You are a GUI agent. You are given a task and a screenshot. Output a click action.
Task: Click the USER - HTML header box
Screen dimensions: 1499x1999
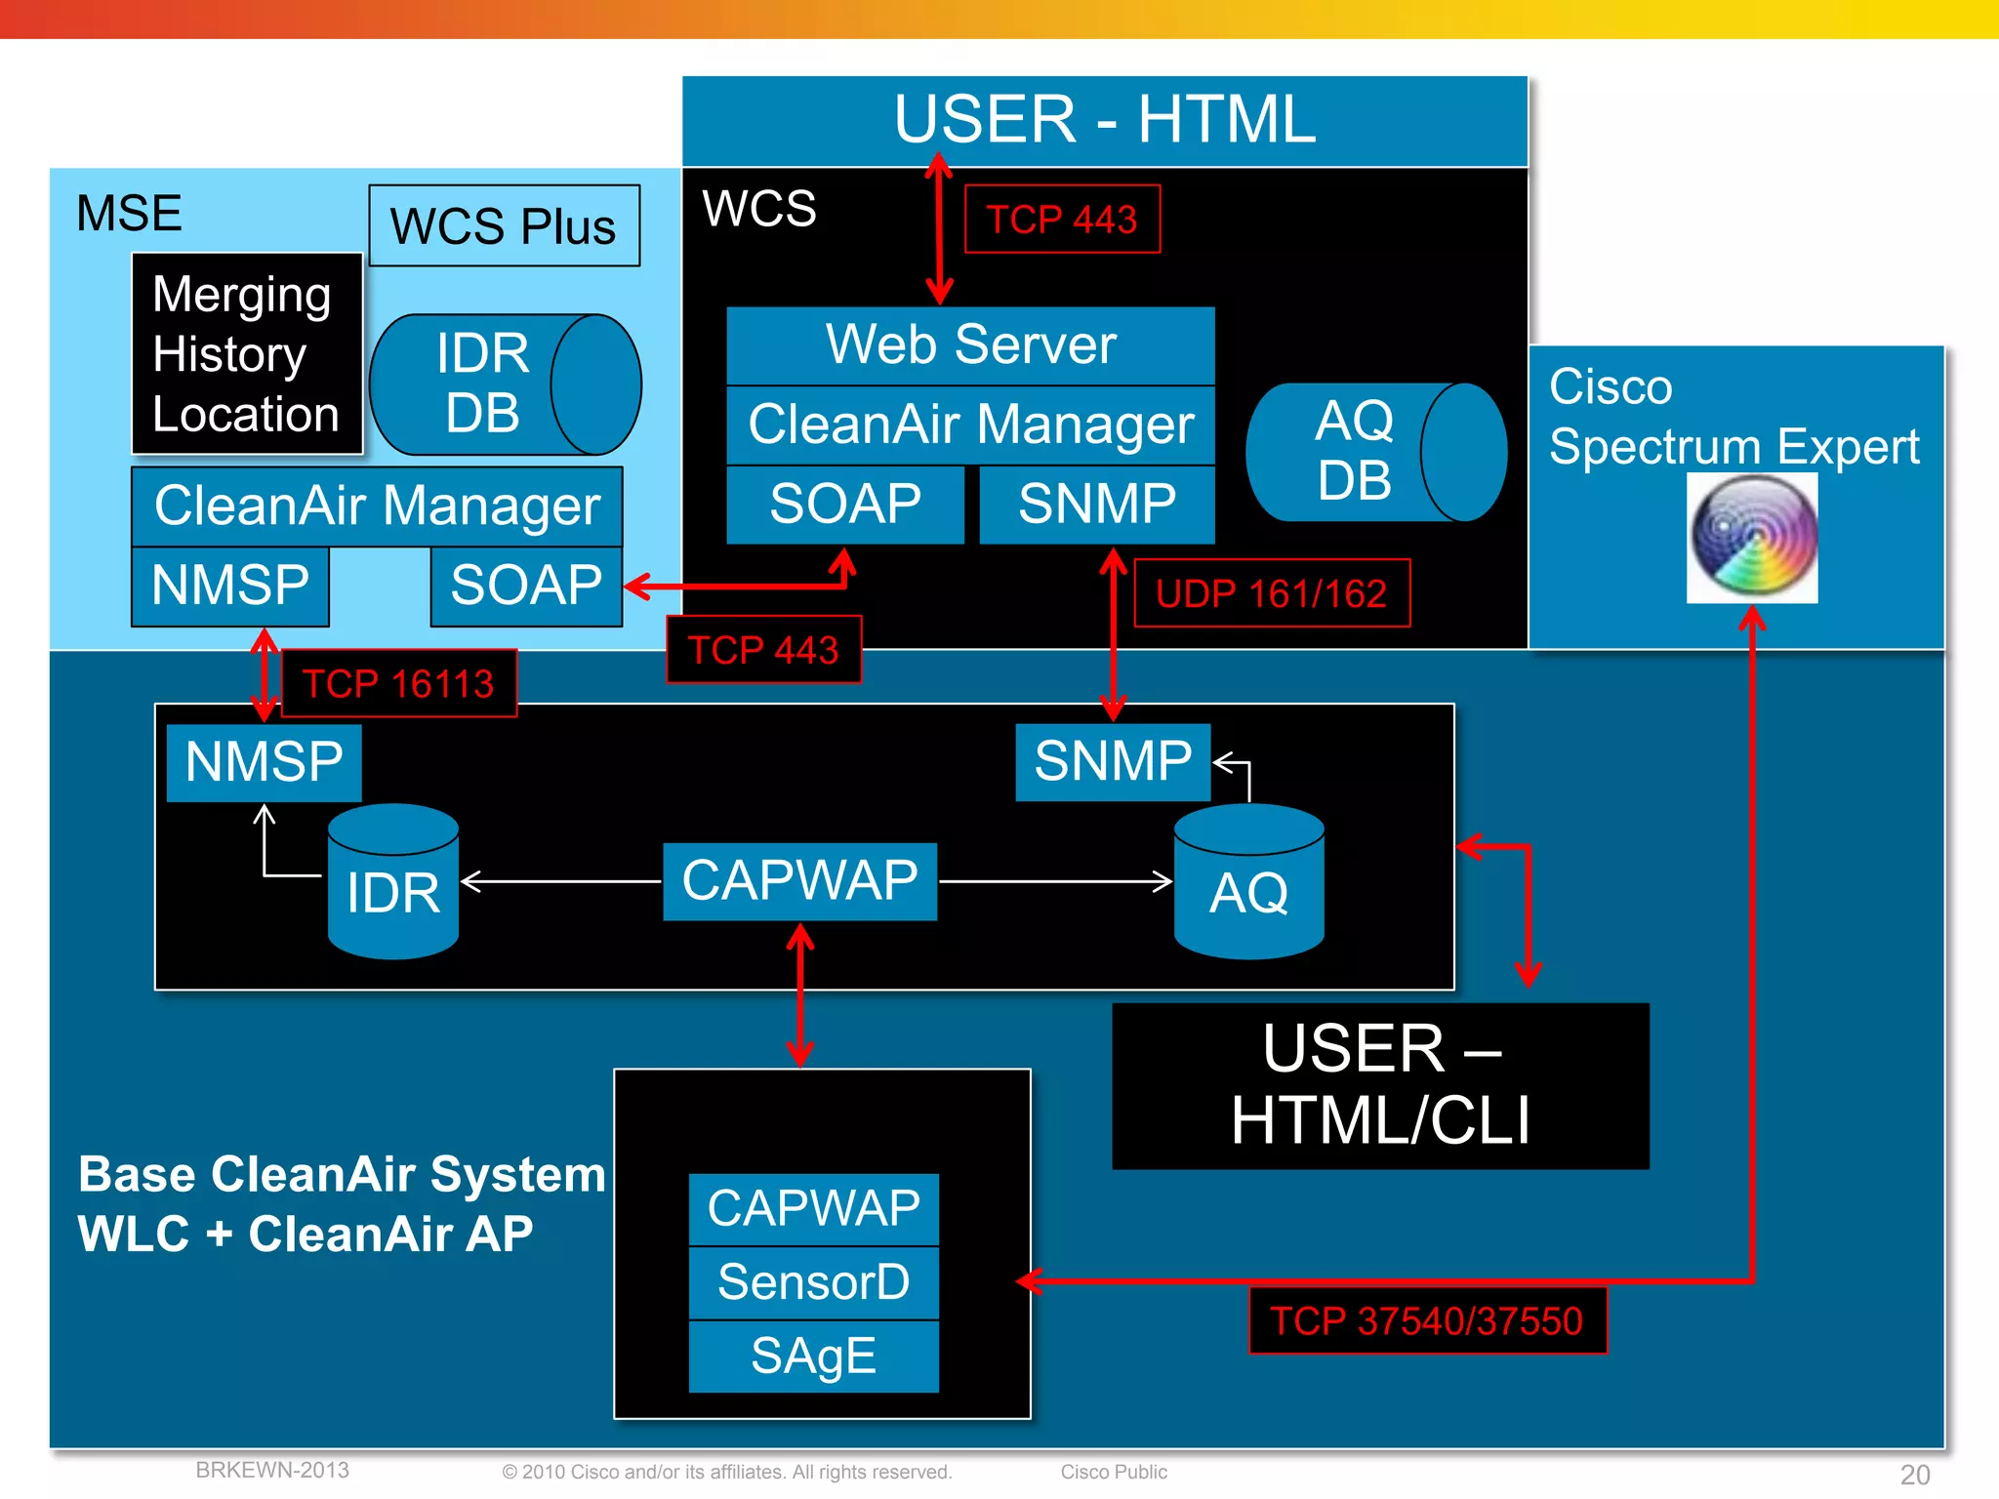pyautogui.click(x=1104, y=120)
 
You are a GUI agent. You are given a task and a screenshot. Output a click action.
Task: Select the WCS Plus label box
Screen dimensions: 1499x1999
pyautogui.click(x=504, y=225)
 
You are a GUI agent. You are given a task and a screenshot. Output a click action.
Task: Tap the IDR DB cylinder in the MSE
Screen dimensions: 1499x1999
pyautogui.click(x=504, y=384)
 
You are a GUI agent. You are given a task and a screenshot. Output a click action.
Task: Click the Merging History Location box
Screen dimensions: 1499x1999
pyautogui.click(x=246, y=353)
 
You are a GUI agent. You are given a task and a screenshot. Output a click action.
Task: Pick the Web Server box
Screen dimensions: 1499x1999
pyautogui.click(x=970, y=345)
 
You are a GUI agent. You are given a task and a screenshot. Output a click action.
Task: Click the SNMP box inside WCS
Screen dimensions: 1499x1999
pyautogui.click(x=1096, y=505)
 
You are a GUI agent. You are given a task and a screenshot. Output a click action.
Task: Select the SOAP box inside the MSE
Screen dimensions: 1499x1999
pyautogui.click(x=525, y=586)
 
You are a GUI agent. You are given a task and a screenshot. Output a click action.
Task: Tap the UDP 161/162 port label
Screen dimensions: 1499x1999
pyautogui.click(x=1271, y=593)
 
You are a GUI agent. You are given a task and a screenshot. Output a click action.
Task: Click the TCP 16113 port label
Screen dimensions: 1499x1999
pyautogui.click(x=398, y=683)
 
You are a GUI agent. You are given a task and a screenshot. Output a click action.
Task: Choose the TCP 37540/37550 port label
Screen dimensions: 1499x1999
pyautogui.click(x=1426, y=1321)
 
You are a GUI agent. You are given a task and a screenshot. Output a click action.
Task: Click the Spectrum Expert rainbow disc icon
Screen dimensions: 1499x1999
pyautogui.click(x=1752, y=538)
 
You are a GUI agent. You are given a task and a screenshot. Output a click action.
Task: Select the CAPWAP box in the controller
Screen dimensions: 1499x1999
pyautogui.click(x=799, y=881)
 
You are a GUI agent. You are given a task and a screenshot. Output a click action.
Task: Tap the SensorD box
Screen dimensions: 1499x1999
pyautogui.click(x=813, y=1282)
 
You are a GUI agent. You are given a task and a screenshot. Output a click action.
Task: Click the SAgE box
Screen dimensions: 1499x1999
pyautogui.click(x=813, y=1357)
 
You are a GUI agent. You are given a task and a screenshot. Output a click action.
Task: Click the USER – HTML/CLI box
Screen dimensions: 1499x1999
pyautogui.click(x=1379, y=1085)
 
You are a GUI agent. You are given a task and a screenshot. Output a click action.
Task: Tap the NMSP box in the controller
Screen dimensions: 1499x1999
pyautogui.click(x=264, y=762)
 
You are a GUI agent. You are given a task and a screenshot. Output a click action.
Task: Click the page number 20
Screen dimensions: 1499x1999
pyautogui.click(x=1914, y=1474)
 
